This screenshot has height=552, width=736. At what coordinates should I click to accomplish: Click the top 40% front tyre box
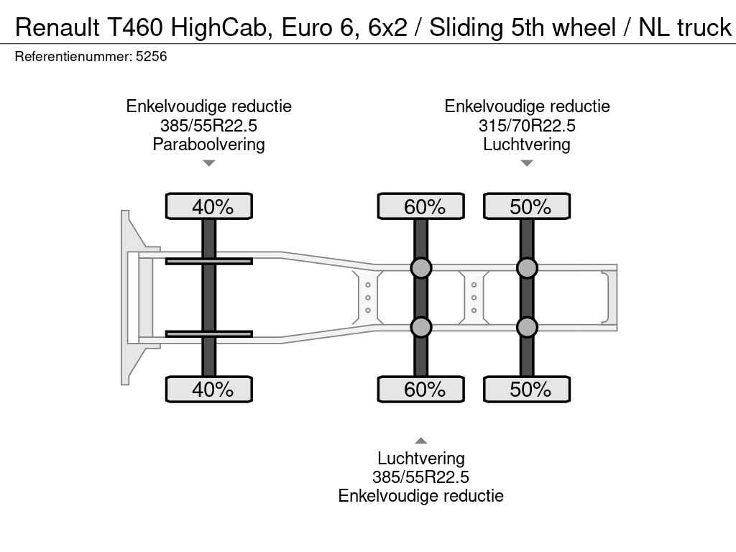[x=209, y=206]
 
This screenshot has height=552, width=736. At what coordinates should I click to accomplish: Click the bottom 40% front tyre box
[x=209, y=390]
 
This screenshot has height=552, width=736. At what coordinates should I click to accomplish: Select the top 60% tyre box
[x=421, y=206]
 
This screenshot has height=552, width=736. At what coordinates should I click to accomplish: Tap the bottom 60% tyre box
[x=421, y=390]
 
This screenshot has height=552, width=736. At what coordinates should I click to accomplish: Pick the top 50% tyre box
[x=527, y=206]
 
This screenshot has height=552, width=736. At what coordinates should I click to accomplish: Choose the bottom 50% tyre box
[x=527, y=390]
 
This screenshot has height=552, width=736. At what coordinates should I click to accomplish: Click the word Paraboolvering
[x=208, y=144]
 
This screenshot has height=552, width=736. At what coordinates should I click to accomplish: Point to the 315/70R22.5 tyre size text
[x=527, y=126]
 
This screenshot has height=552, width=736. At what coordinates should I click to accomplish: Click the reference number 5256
[x=151, y=57]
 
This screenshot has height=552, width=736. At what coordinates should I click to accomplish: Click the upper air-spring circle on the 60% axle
[x=421, y=268]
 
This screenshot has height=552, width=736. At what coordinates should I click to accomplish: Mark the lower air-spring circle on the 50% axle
[x=527, y=327]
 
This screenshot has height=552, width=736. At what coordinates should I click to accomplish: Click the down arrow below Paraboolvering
[x=208, y=163]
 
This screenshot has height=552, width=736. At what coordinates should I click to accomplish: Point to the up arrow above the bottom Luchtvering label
[x=421, y=441]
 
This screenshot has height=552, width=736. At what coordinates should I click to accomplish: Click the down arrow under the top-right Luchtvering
[x=527, y=163]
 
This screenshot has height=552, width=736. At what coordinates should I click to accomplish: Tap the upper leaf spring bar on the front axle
[x=208, y=261]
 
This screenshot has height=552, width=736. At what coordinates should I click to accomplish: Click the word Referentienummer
[x=73, y=57]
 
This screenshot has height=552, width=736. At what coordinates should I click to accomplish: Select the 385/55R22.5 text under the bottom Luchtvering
[x=420, y=477]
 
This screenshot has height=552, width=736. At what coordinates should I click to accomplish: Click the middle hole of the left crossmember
[x=368, y=298]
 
